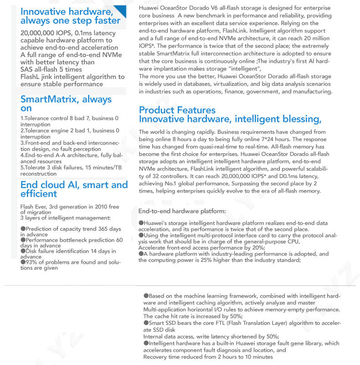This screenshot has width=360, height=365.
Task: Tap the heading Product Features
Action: (x=177, y=110)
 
